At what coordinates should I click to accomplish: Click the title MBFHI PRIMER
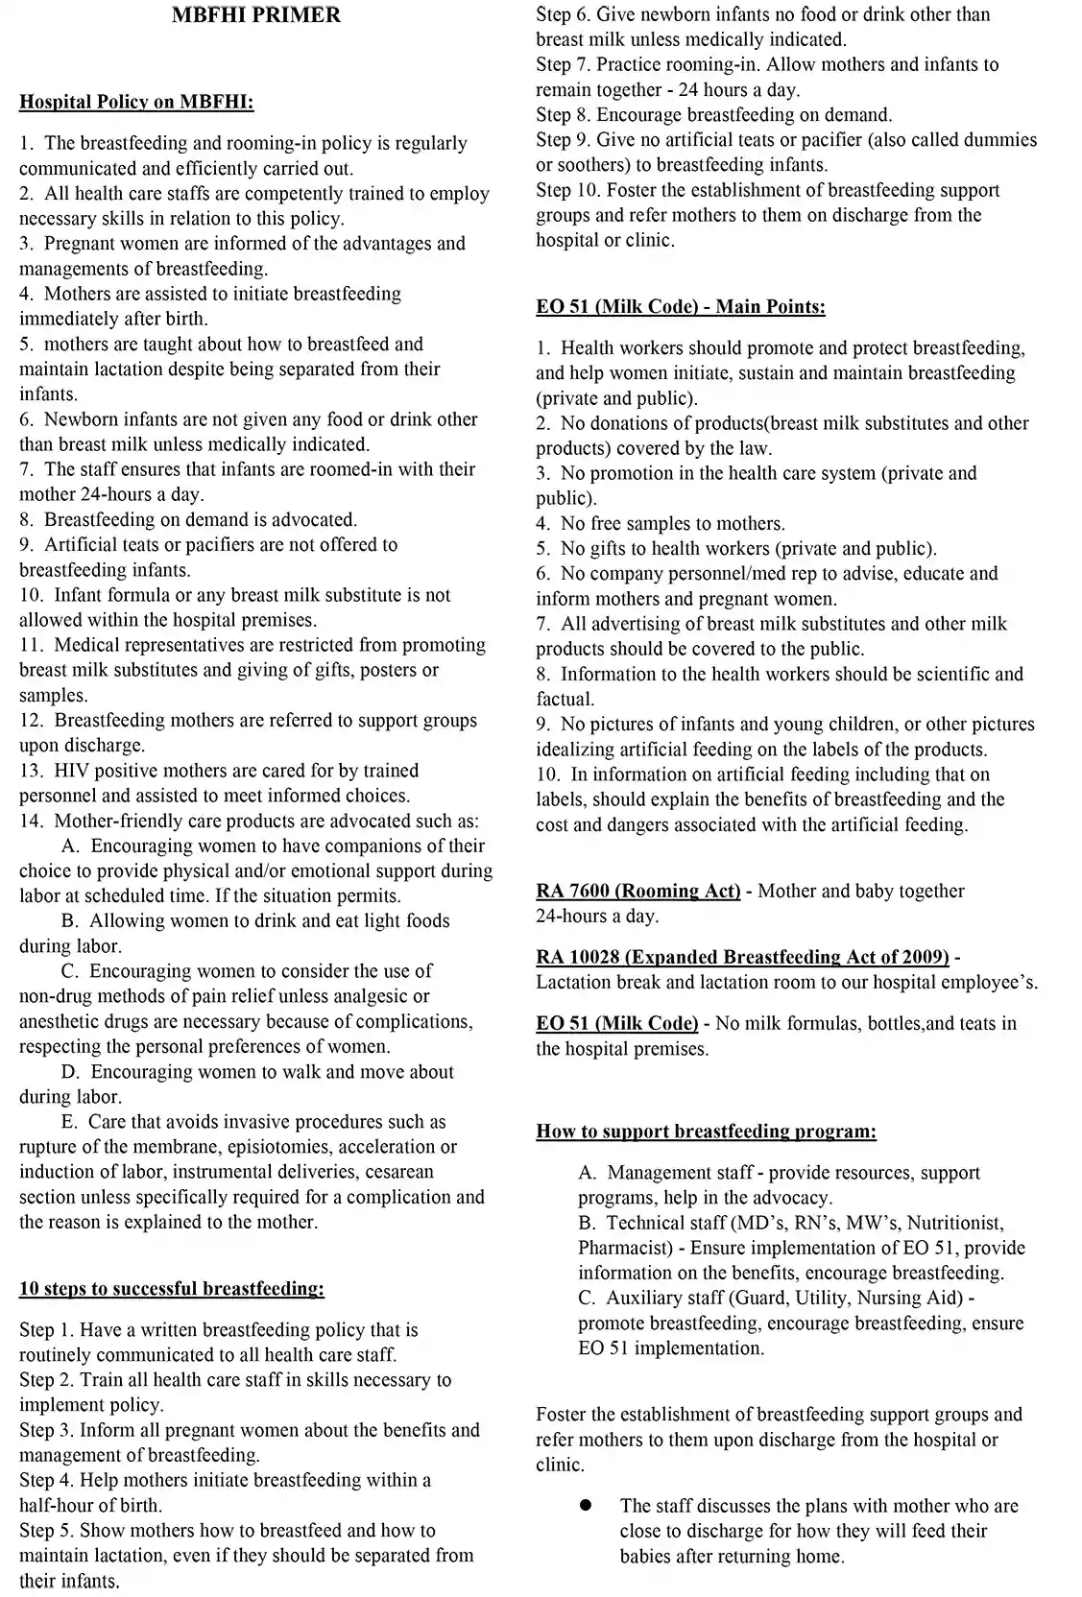point(255,15)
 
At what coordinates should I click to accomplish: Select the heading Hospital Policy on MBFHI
point(136,102)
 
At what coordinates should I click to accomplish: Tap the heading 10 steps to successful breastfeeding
point(172,1289)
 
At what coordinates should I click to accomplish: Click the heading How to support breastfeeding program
point(706,1132)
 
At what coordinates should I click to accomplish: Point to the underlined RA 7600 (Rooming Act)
point(637,892)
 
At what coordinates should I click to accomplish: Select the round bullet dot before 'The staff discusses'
point(585,1505)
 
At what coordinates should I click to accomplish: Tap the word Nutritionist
point(955,1223)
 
